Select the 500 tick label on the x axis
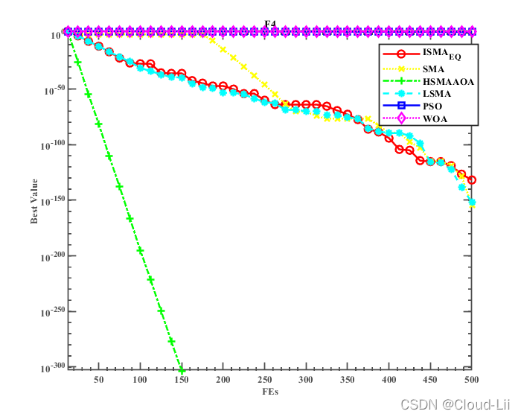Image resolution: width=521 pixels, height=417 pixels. pos(471,380)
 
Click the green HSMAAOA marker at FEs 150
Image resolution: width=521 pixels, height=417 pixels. pos(182,370)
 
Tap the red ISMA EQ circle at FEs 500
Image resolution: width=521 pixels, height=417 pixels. pos(471,180)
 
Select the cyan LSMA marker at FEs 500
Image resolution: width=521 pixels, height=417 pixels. pos(472,203)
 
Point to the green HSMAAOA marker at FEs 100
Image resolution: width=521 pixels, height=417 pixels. pos(140,251)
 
